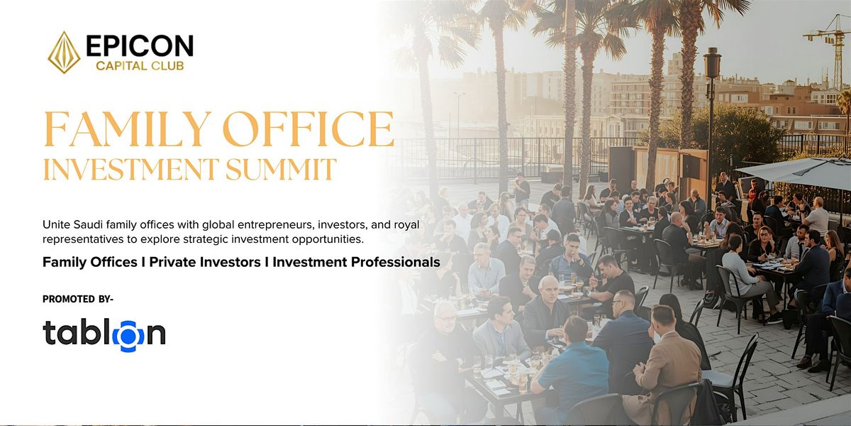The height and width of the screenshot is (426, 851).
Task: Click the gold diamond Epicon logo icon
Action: (64, 53)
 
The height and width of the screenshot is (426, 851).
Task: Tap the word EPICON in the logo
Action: (140, 46)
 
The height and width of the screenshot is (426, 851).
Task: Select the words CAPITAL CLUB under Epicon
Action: (140, 66)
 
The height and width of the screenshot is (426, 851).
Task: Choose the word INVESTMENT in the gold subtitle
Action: (131, 170)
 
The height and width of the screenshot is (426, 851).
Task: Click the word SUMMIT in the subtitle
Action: (281, 170)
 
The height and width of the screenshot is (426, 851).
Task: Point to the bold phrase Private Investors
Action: (205, 262)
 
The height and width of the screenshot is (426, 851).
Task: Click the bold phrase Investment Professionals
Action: (356, 262)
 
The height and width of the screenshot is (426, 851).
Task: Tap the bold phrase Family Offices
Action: (90, 262)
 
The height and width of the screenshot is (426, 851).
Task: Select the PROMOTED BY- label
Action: (78, 300)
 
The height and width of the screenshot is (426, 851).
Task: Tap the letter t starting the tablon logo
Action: (49, 332)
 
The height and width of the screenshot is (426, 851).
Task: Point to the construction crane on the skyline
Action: (832, 50)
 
